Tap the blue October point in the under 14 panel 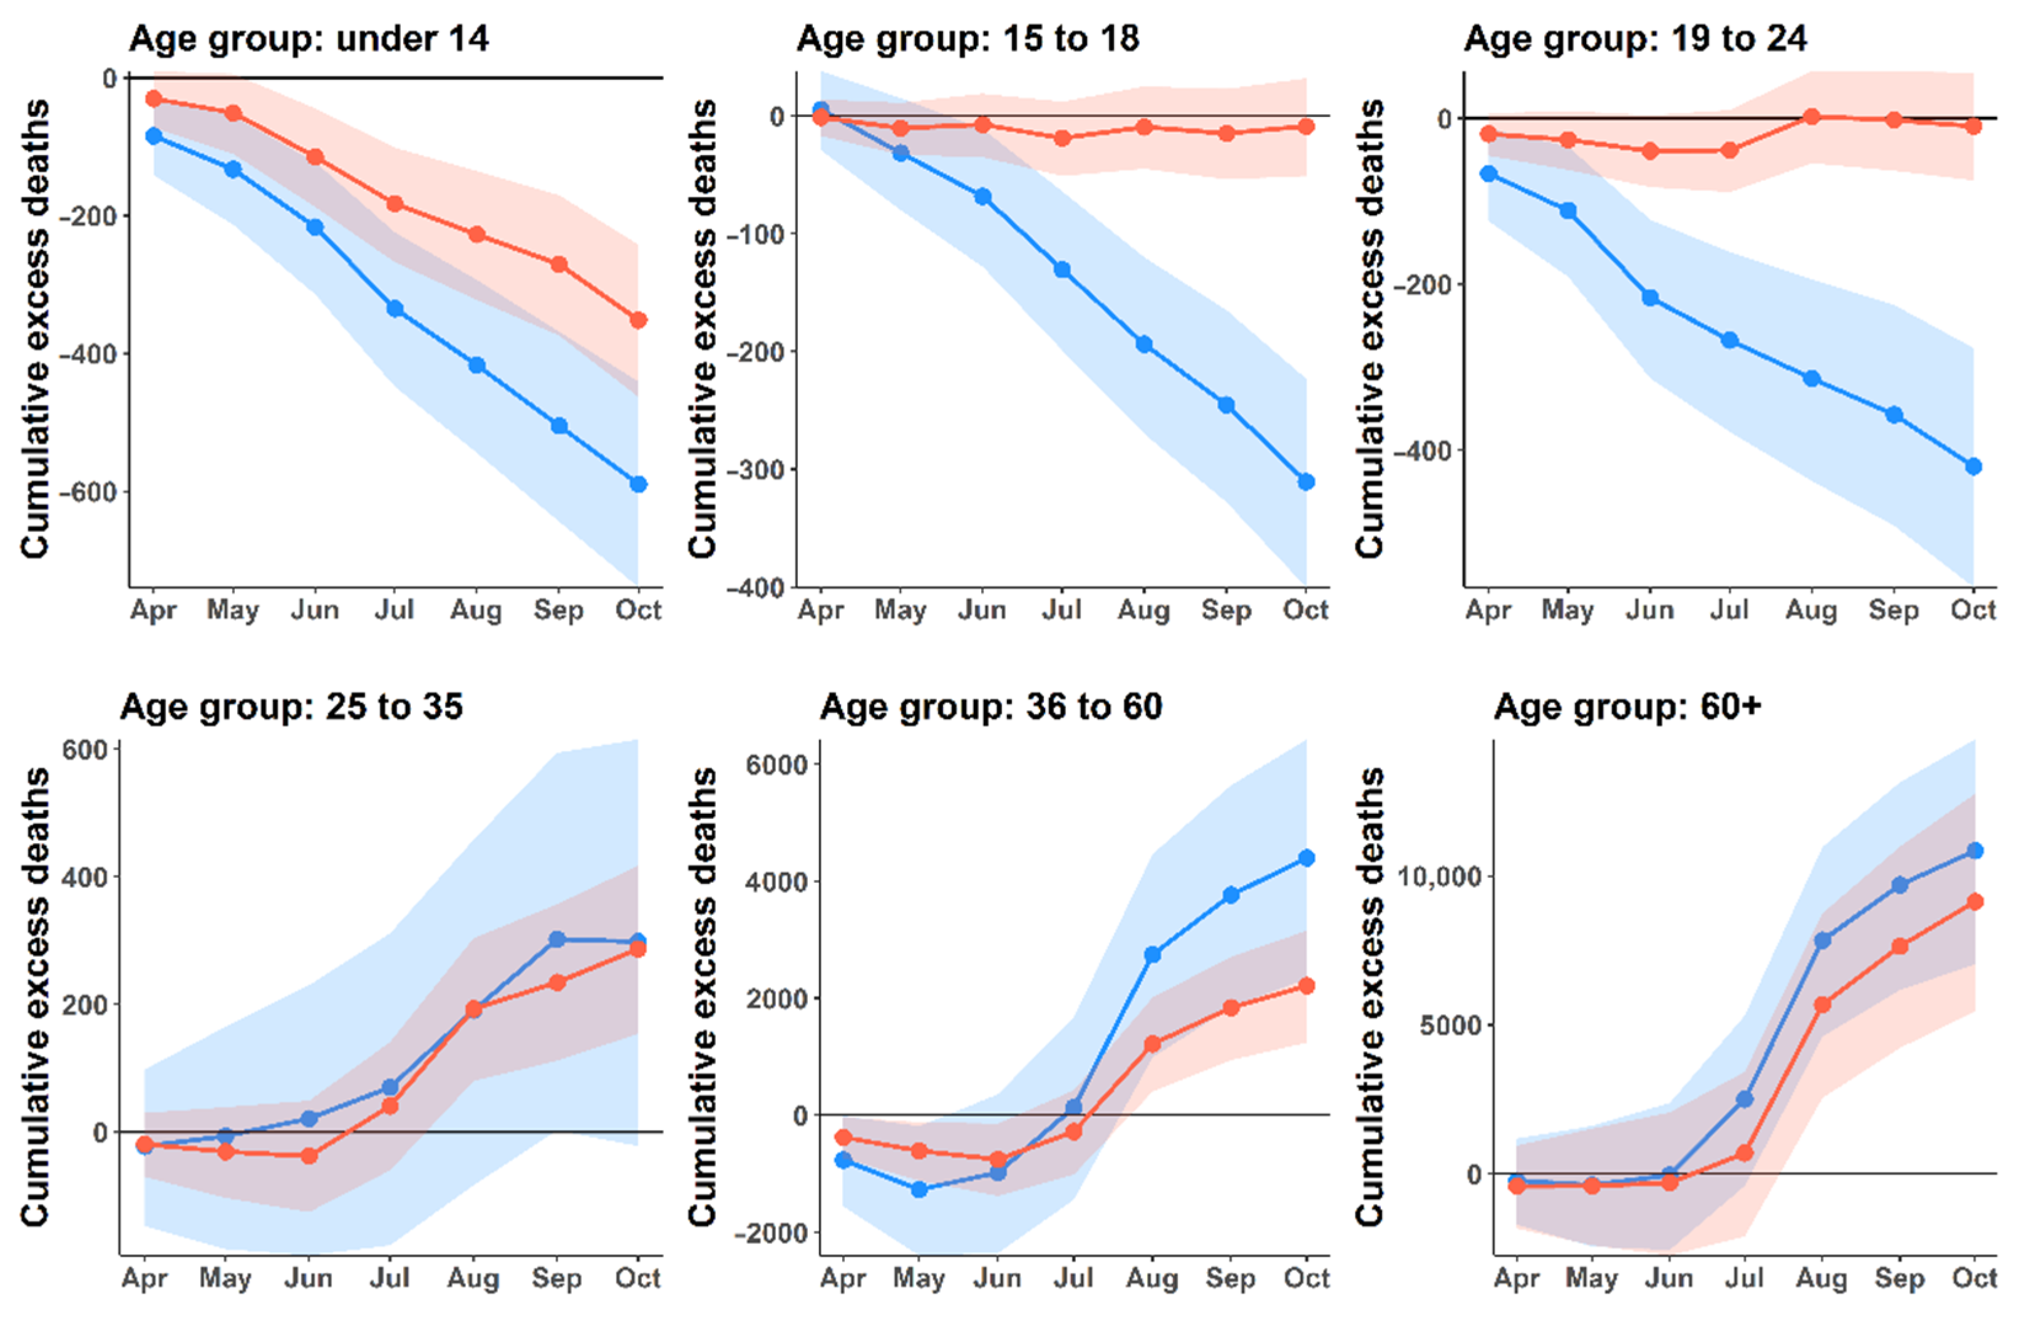[638, 484]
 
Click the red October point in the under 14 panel [638, 320]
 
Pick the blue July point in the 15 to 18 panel [1062, 270]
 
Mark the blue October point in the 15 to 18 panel [1306, 482]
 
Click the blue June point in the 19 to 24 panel [1650, 298]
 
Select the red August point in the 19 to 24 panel [1812, 117]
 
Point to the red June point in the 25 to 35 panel [309, 1156]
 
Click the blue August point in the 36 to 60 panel [1152, 955]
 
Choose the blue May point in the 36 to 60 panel [919, 1190]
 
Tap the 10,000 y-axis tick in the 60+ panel [1439, 877]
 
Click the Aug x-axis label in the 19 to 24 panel [1812, 610]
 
